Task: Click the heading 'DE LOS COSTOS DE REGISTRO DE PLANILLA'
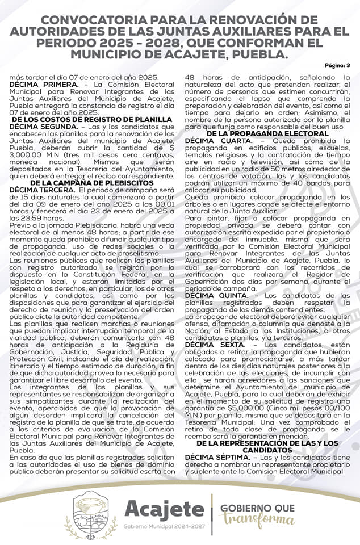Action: pyautogui.click(x=91, y=120)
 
